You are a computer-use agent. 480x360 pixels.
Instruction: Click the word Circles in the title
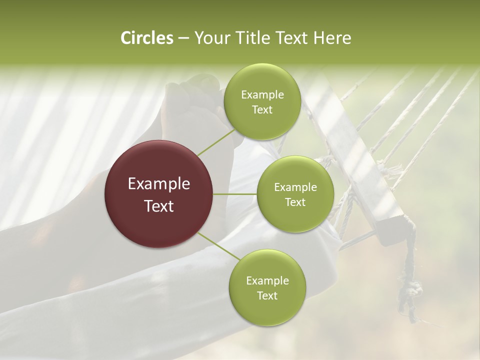pos(146,38)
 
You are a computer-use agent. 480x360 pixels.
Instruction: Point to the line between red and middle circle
pos(235,194)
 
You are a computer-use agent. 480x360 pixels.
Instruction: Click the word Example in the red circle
pos(159,184)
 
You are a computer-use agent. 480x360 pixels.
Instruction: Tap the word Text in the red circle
pos(159,206)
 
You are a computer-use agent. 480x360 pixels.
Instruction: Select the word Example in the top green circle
pos(262,95)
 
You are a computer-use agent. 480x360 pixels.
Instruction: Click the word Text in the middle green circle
pos(295,202)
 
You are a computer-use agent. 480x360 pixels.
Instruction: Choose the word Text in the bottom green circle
pos(267,295)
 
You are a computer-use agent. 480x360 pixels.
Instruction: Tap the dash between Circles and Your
pos(183,38)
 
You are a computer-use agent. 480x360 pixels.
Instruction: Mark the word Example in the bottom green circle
pos(267,281)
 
